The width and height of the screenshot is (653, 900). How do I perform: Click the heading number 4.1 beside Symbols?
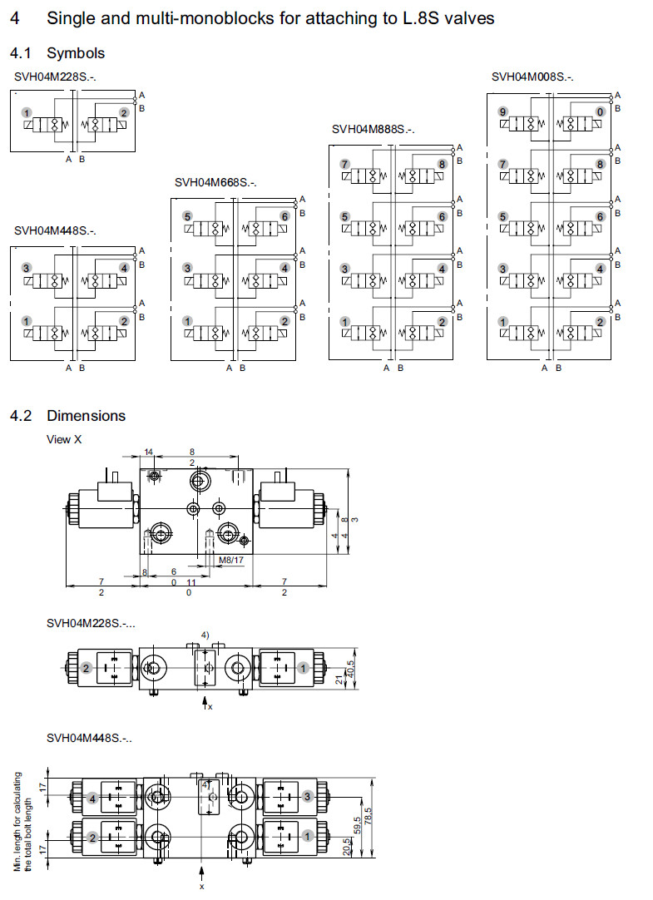tap(22, 53)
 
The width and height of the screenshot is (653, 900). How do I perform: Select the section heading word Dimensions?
tap(87, 416)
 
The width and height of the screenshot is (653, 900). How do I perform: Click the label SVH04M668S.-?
tap(215, 183)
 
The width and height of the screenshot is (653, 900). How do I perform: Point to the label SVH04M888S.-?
tap(373, 129)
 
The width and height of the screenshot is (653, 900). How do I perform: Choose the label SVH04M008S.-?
tap(532, 77)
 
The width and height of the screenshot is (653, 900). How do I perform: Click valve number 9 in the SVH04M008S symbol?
tap(502, 111)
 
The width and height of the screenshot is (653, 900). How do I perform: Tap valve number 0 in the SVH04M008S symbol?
tap(600, 111)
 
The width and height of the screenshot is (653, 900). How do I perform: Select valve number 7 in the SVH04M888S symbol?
tap(344, 165)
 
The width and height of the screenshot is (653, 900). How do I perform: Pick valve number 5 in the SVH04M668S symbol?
tap(188, 216)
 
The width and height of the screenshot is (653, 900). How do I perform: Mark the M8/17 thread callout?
tap(230, 560)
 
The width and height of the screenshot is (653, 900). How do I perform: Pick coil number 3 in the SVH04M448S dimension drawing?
tap(308, 797)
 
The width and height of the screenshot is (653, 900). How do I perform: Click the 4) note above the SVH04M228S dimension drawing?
tap(204, 636)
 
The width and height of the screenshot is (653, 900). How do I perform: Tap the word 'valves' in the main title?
tap(471, 17)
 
